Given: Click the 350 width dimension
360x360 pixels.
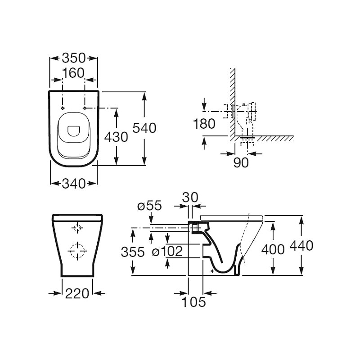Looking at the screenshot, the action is point(74,58).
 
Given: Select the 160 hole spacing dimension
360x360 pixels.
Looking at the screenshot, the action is point(73,73).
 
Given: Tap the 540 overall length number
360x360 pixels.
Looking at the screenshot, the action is point(144,128).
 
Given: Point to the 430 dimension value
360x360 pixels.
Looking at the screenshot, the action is point(116,137).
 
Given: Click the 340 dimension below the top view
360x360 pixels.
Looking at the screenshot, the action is point(74,184).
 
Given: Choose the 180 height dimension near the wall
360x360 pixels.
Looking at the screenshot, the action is point(204,124).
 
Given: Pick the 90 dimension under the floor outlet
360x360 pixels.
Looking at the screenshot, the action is point(241,162).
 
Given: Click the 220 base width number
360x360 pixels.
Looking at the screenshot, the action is point(77,293).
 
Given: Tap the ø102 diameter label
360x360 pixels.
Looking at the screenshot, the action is point(167,251).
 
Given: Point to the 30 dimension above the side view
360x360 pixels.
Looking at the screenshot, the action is point(190,197).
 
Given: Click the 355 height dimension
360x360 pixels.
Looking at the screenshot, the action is point(133,252).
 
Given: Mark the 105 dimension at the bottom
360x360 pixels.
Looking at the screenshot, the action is point(193,302).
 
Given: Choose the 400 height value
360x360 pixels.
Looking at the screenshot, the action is point(273,249).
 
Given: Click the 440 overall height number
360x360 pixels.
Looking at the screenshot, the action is point(301,245).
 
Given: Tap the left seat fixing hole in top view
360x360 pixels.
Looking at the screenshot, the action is point(62,108).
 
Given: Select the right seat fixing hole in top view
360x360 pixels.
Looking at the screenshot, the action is point(85,108).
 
